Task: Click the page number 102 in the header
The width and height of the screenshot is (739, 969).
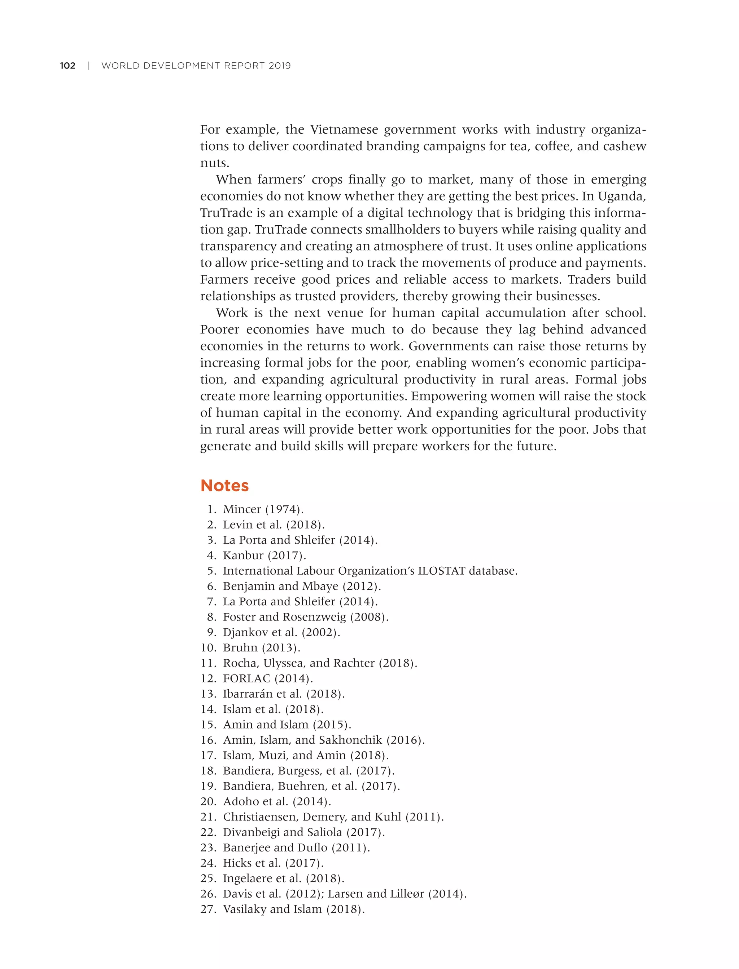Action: point(68,66)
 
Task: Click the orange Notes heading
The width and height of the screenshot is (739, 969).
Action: point(224,486)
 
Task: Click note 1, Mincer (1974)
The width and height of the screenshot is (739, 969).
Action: point(263,509)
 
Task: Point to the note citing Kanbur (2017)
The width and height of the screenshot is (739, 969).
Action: point(264,556)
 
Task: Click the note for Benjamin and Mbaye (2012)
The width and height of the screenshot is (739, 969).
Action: point(301,586)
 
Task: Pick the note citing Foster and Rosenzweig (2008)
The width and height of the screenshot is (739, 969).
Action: point(305,617)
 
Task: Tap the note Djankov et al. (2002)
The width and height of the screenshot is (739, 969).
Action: point(281,632)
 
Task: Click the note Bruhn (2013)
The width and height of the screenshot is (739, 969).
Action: point(261,648)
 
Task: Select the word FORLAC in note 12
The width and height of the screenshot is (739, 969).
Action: point(246,678)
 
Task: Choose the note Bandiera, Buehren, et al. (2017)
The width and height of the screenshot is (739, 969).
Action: point(311,786)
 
